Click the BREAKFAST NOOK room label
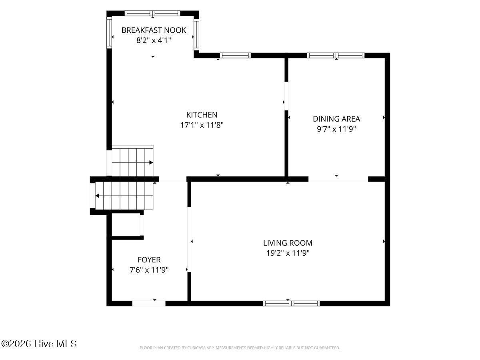[154, 30]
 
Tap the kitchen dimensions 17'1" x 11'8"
[202, 125]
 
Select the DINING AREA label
[336, 119]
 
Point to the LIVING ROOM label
[288, 243]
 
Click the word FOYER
[149, 260]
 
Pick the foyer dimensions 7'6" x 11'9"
[149, 270]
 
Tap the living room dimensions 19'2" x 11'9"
[288, 253]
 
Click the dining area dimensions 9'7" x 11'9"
[336, 129]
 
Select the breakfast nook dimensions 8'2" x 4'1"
[154, 40]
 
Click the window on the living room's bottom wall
[291, 303]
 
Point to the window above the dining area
[336, 55]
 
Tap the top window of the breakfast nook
[152, 13]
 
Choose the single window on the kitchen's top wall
[235, 55]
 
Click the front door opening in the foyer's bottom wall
[149, 303]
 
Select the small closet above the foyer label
[126, 225]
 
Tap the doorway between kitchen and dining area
[286, 96]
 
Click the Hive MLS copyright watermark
[39, 344]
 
